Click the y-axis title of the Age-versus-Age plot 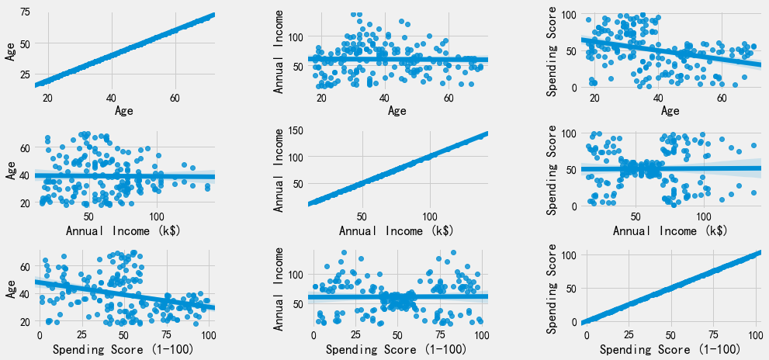[x=9, y=52]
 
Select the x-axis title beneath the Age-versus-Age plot [x=124, y=111]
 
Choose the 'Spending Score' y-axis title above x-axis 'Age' [x=549, y=52]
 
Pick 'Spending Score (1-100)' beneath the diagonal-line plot [x=670, y=350]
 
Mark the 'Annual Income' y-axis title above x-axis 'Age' [x=279, y=52]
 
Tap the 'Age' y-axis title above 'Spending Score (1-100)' [x=9, y=291]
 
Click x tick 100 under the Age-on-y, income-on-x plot [x=157, y=215]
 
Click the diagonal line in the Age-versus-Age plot [x=124, y=52]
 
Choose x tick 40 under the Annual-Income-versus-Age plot [x=384, y=97]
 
